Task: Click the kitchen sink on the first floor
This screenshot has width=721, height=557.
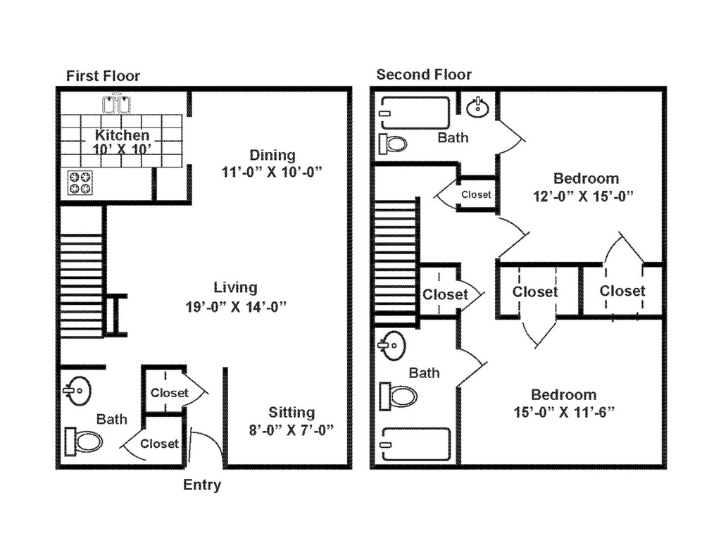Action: tap(117, 104)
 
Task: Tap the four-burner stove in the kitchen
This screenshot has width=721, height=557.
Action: tap(80, 183)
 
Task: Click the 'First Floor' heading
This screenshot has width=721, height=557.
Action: tap(103, 76)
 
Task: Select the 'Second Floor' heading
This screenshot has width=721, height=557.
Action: tap(424, 75)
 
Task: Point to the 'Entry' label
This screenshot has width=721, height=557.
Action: tap(202, 485)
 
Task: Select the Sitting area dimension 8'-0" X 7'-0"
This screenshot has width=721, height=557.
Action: tap(291, 429)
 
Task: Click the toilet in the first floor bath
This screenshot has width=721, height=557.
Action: tap(84, 442)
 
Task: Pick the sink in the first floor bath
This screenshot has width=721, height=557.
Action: tap(77, 389)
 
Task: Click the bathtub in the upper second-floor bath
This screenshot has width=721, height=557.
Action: tap(414, 113)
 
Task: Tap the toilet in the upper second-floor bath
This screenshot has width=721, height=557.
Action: tap(393, 144)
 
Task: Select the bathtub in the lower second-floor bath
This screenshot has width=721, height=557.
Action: tap(415, 444)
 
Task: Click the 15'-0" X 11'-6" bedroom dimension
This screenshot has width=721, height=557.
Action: tap(564, 412)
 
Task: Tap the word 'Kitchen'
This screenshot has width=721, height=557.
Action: tap(123, 135)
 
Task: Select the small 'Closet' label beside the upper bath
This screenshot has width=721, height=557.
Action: tap(476, 194)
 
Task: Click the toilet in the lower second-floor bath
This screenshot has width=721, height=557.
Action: tap(399, 396)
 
